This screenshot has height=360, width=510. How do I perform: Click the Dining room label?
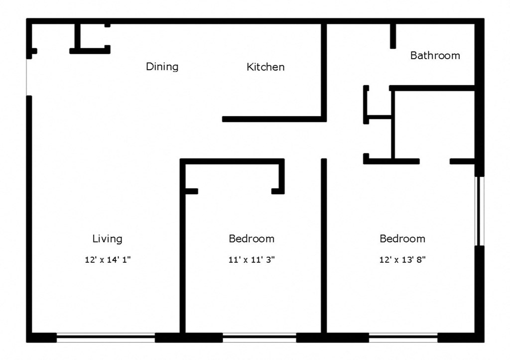pos(162,66)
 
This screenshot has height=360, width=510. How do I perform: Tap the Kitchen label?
pos(265,67)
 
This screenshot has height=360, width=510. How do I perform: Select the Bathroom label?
pos(435,55)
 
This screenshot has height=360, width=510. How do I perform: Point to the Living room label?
pos(107,239)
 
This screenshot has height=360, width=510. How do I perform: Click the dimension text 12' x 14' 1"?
pos(108,259)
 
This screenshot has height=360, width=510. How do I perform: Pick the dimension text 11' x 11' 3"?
pos(252,259)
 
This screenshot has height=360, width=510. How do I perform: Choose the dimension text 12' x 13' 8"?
pos(402,259)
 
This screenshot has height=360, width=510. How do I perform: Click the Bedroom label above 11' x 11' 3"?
pos(252,239)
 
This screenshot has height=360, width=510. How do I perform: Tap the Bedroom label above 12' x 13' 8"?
pos(402,239)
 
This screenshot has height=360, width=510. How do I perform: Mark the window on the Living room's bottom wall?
pos(106,338)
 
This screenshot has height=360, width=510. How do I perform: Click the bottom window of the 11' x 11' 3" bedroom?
pos(259,338)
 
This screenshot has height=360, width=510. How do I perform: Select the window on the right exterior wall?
pos(480,211)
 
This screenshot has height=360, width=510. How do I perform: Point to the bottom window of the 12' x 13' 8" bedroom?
pos(403,338)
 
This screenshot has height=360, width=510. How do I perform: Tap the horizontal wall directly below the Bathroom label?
pos(432,88)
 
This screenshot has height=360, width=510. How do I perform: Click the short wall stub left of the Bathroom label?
pos(393,36)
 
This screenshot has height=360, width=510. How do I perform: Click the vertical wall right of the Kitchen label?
pos(324,70)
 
